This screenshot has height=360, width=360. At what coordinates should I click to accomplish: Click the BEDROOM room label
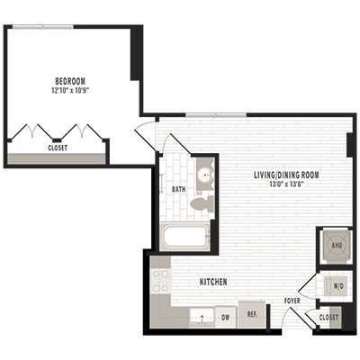(x=70, y=81)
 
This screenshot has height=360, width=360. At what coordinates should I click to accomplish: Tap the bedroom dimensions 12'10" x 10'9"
(x=70, y=90)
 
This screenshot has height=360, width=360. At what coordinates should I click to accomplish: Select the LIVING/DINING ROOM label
(x=286, y=175)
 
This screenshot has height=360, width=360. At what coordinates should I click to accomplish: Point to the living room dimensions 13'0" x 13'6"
(x=286, y=184)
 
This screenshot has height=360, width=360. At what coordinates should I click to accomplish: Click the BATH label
(x=178, y=189)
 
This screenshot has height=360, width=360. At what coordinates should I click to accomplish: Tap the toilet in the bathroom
(x=202, y=203)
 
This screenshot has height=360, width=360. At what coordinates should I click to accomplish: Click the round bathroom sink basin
(x=205, y=175)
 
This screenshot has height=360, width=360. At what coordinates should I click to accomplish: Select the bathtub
(x=184, y=237)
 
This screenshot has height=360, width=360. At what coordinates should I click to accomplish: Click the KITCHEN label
(x=213, y=282)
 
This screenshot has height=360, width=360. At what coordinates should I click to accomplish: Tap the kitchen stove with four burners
(x=160, y=282)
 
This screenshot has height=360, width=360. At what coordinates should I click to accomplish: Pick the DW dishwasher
(x=226, y=317)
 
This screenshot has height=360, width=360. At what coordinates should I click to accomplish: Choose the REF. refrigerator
(x=252, y=314)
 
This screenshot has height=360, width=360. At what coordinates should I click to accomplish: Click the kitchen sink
(x=202, y=317)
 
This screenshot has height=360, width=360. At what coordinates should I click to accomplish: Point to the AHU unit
(x=337, y=245)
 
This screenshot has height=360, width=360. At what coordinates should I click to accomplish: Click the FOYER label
(x=292, y=301)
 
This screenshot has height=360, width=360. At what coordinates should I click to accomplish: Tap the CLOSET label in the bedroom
(x=58, y=148)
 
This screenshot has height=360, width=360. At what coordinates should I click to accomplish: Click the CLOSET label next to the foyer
(x=328, y=318)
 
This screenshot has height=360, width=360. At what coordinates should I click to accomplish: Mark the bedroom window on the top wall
(x=43, y=27)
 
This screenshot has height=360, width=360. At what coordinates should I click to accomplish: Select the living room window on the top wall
(x=216, y=115)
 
